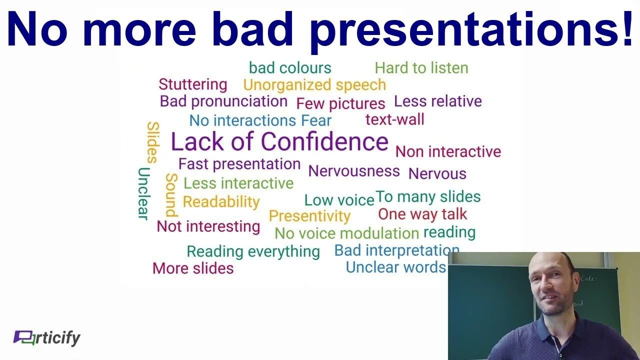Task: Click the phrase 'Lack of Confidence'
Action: (279, 141)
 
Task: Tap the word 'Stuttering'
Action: (192, 84)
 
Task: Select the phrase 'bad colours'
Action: (290, 67)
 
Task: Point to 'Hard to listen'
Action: (421, 67)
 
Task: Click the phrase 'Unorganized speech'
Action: (314, 84)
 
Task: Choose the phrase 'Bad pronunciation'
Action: (223, 101)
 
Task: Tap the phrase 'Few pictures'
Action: (340, 103)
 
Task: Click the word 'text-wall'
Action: (394, 119)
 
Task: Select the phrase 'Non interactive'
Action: (448, 151)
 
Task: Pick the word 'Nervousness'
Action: (354, 171)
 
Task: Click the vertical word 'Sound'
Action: (171, 194)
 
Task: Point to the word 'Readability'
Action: (221, 201)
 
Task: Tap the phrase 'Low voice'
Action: (339, 200)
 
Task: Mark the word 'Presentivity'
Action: (309, 216)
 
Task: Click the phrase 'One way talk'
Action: (422, 214)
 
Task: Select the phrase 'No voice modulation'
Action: (346, 233)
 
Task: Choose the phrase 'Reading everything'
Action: (253, 251)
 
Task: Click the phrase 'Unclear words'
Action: (395, 267)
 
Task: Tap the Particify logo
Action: (46, 338)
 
